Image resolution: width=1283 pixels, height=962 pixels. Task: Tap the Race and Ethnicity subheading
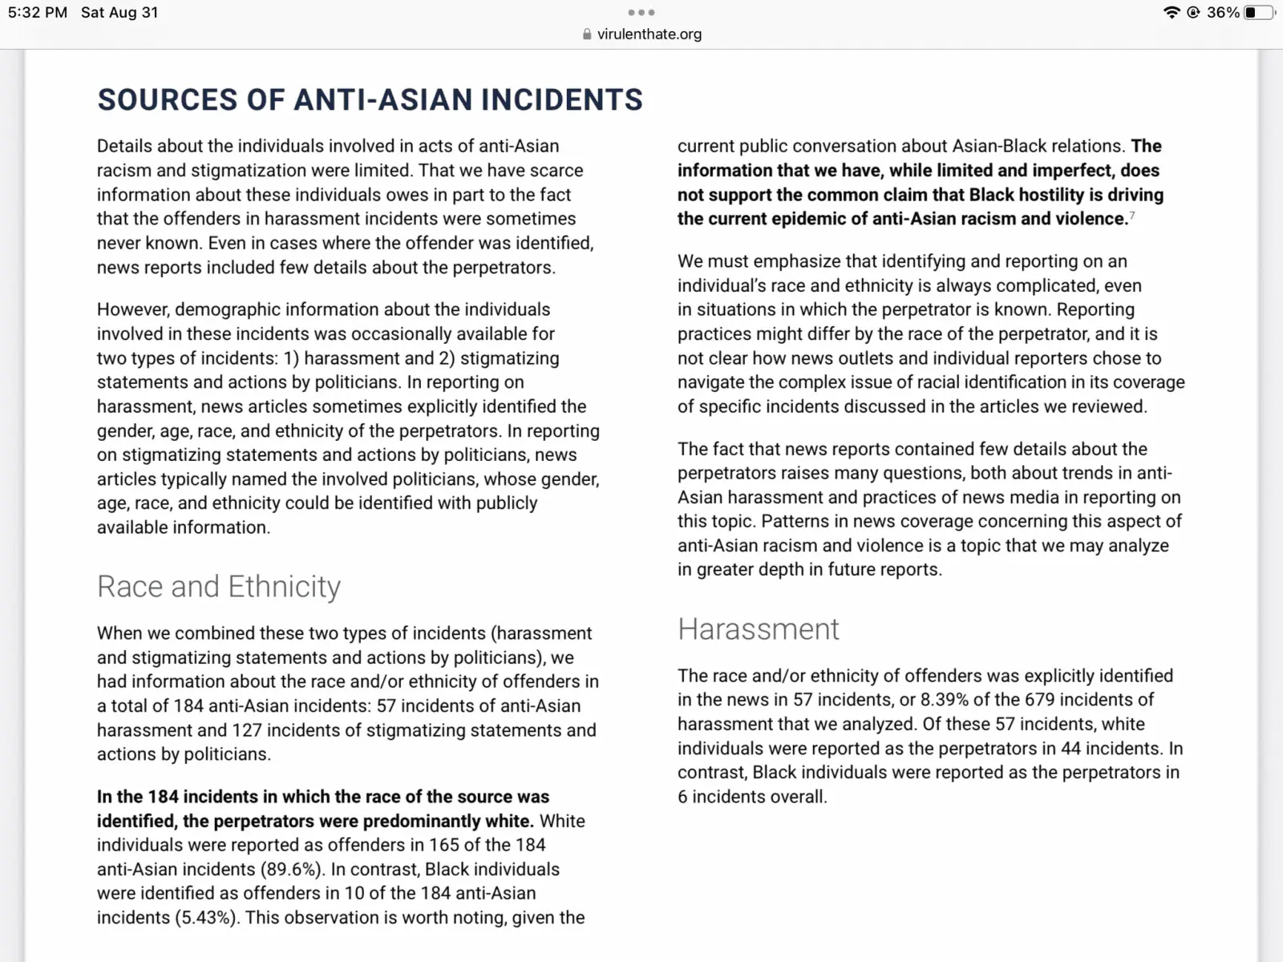pyautogui.click(x=218, y=587)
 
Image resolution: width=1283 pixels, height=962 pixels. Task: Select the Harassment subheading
pyautogui.click(x=758, y=629)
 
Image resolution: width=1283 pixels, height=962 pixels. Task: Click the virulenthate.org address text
pyautogui.click(x=649, y=34)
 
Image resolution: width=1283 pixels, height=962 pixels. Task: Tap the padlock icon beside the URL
pyautogui.click(x=587, y=34)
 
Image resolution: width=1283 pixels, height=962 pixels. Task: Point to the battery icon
pyautogui.click(x=1258, y=13)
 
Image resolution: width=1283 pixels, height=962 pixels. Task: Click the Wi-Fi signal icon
pyautogui.click(x=1171, y=13)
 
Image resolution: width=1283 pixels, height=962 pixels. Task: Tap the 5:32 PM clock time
pyautogui.click(x=38, y=13)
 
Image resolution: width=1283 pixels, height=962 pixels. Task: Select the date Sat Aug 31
pyautogui.click(x=119, y=13)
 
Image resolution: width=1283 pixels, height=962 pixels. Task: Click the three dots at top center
pyautogui.click(x=641, y=13)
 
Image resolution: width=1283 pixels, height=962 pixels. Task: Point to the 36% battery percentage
pyautogui.click(x=1223, y=13)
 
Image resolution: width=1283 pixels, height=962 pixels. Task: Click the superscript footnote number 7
pyautogui.click(x=1132, y=215)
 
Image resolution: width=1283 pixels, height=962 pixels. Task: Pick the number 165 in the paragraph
pyautogui.click(x=443, y=846)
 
